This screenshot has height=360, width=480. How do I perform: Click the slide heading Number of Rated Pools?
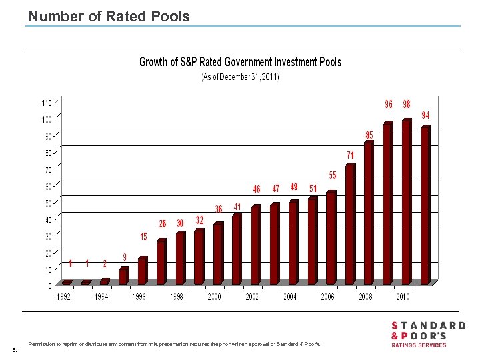(109, 17)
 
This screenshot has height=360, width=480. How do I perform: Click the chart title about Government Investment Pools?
(240, 62)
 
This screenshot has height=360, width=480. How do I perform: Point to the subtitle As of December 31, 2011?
(241, 77)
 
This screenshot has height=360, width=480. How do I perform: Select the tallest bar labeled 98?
(406, 200)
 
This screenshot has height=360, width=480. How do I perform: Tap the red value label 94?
(425, 115)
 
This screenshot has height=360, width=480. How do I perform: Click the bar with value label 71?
(350, 223)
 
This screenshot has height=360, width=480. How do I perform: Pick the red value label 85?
(369, 135)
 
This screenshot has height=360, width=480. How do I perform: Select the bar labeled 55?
(331, 237)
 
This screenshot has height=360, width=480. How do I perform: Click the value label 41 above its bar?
(237, 207)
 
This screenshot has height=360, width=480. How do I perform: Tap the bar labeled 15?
(142, 270)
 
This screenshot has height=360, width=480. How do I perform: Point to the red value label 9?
(124, 257)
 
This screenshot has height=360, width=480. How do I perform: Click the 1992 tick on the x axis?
(64, 297)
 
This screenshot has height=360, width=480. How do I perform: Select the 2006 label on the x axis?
(327, 297)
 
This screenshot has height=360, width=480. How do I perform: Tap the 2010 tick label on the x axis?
(402, 297)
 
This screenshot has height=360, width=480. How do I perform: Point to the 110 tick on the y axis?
(46, 103)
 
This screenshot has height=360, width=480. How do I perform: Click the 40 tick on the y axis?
(47, 220)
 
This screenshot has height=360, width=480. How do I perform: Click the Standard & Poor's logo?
(428, 334)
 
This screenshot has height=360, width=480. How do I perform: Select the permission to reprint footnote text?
(175, 344)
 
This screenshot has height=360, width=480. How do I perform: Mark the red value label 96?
(388, 105)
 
